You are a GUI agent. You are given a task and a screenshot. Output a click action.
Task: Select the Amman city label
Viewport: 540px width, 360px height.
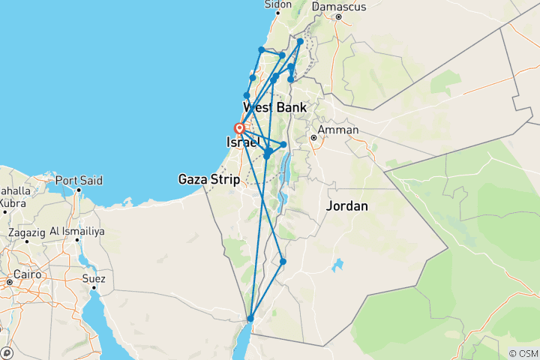(338, 130)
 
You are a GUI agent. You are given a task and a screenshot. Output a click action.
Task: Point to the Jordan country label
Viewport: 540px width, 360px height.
(346, 205)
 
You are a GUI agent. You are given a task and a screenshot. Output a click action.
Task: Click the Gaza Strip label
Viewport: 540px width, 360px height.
(208, 179)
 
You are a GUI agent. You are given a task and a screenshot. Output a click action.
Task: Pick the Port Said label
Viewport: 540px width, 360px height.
(79, 181)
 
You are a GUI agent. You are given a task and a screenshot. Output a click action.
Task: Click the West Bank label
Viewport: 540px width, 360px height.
(274, 108)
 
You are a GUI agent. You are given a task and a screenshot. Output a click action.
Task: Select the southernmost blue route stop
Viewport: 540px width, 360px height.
(250, 319)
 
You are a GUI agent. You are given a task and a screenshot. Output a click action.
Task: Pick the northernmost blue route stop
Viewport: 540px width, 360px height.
(300, 42)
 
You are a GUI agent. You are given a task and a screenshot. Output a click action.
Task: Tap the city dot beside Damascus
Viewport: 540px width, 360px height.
(339, 17)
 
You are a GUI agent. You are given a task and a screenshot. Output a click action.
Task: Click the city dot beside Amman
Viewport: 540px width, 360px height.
(313, 138)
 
